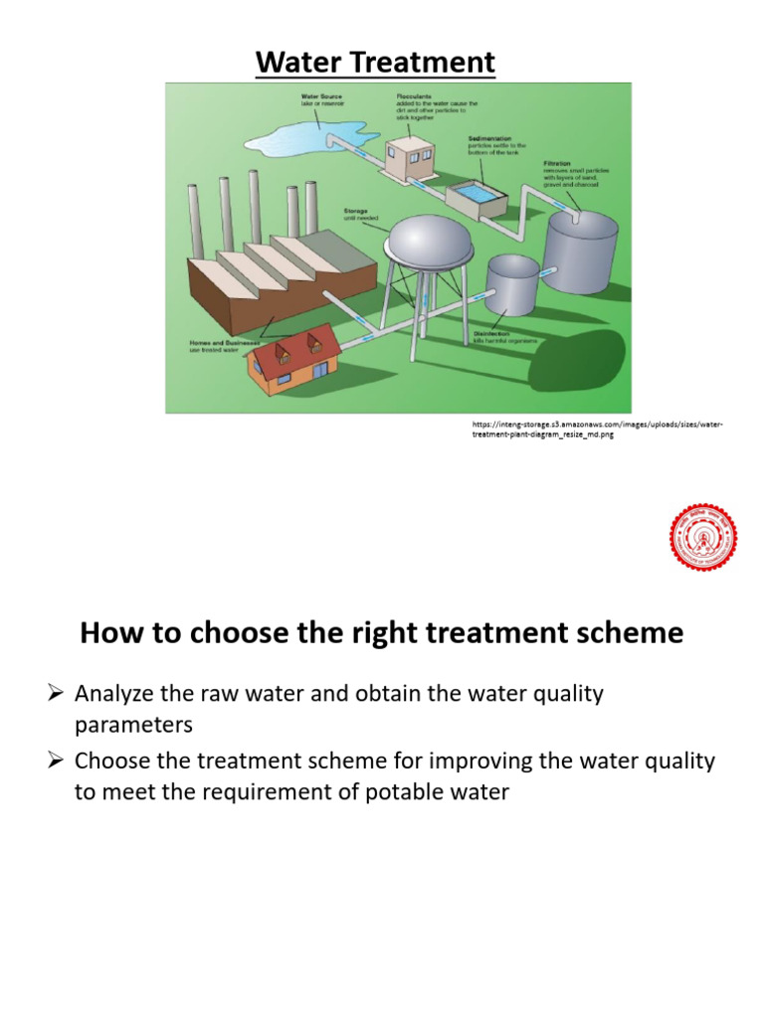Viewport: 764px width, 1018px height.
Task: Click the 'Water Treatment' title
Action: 375,63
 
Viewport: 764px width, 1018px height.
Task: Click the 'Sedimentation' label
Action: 488,141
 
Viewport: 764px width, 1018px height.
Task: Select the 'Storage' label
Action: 355,211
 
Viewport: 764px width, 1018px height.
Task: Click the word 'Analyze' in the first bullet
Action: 114,694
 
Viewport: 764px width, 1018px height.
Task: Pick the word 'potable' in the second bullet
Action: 410,793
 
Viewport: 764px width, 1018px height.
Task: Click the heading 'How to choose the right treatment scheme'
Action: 382,633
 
